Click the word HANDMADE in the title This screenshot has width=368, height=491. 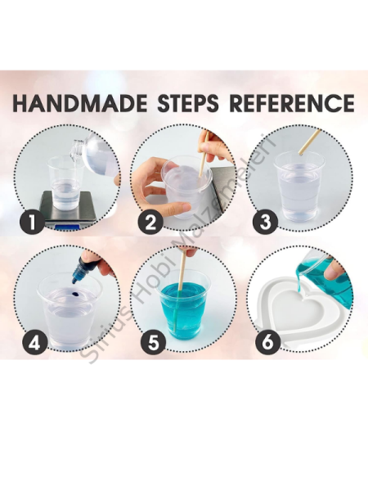point(80,103)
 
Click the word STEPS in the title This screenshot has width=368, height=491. point(188,103)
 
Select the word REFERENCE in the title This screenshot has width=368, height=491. point(292,103)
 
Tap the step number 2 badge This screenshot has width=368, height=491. point(150,223)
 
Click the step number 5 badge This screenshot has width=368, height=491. point(153,343)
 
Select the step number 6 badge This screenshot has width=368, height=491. point(267,342)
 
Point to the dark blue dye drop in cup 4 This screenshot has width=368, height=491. point(74,294)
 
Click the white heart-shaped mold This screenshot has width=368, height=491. point(298,316)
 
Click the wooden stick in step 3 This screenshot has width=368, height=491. point(309,142)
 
